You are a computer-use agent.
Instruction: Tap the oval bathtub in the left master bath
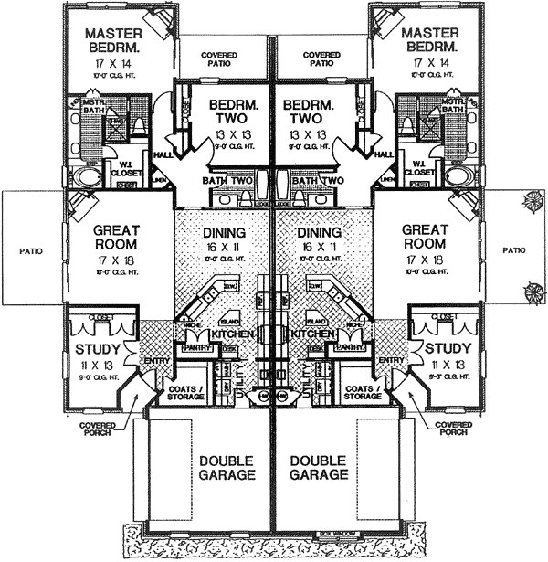tap(88, 176)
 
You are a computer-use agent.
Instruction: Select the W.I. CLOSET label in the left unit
tap(123, 168)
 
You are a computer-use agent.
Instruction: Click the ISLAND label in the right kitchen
tap(317, 323)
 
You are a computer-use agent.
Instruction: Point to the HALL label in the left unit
tap(165, 155)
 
